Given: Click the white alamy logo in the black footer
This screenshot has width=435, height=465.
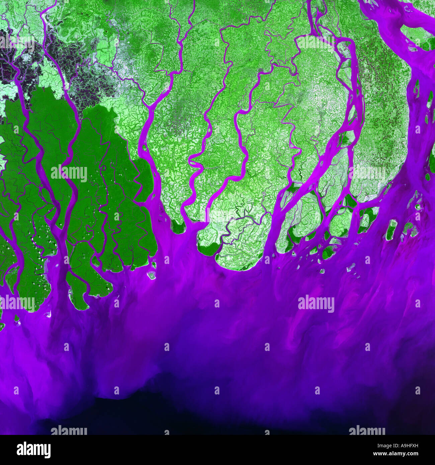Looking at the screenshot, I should coord(33,450).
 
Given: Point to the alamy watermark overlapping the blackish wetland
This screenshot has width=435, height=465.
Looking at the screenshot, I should coord(17,42).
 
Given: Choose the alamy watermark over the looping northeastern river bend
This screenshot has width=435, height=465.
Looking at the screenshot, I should coord(316,42).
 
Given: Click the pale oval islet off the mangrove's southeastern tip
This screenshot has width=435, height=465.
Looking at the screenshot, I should coord(152,275).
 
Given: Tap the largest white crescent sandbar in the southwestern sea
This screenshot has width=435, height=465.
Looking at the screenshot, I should coord(49,314).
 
